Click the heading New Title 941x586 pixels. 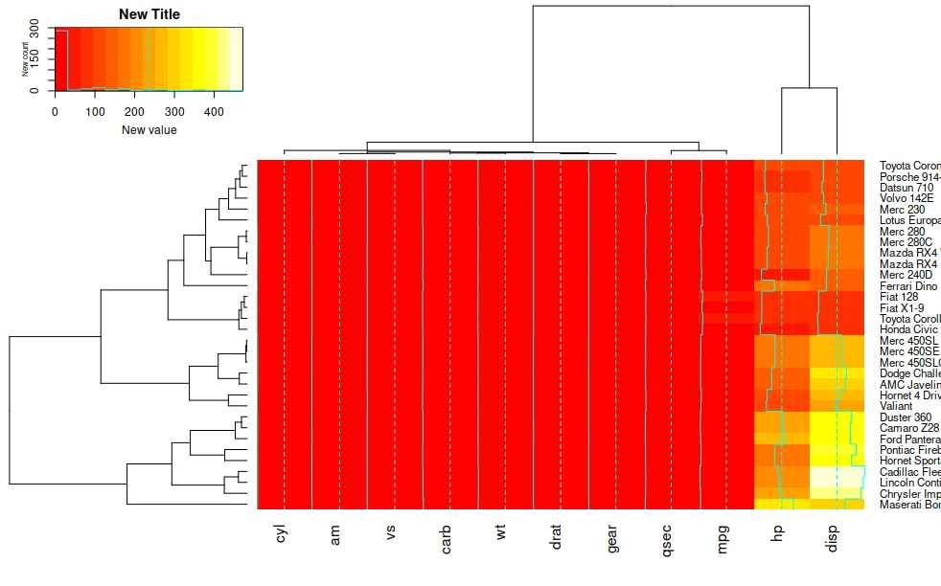[x=149, y=14]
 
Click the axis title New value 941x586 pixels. [x=149, y=129]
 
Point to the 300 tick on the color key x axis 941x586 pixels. [x=174, y=111]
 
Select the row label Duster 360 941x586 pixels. [x=906, y=417]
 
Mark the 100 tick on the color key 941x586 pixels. [x=95, y=111]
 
